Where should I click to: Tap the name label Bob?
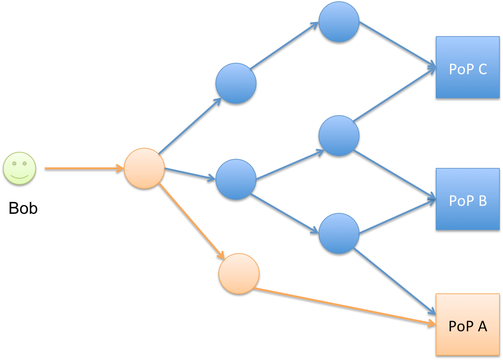[x=23, y=208]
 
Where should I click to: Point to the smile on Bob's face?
[x=19, y=176]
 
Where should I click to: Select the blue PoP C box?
[x=468, y=68]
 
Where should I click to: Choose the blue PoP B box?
[x=468, y=200]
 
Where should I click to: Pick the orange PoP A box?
[x=468, y=325]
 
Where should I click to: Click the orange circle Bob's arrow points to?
[x=144, y=168]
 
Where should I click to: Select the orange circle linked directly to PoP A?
[x=239, y=273]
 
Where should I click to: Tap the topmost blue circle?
[x=339, y=22]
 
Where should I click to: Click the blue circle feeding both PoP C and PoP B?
[x=339, y=136]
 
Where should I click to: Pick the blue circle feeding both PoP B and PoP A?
[x=339, y=234]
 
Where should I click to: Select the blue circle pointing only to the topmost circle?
[x=236, y=83]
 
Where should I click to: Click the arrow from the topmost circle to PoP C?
[x=396, y=45]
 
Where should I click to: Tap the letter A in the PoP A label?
[x=481, y=326]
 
